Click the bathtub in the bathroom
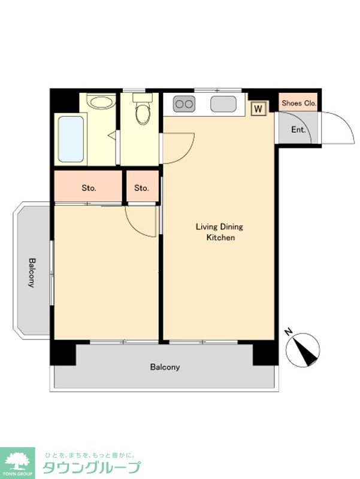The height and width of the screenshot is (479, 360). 71,139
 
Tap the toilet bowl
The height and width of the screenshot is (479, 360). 143,114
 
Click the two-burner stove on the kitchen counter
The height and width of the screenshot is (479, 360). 184,104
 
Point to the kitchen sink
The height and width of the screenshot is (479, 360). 223,104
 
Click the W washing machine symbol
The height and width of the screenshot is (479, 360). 258,108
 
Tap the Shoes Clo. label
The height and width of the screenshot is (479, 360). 299,103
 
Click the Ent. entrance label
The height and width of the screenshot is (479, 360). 298,130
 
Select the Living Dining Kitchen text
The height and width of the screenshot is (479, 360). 220,232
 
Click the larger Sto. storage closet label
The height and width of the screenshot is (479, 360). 89,188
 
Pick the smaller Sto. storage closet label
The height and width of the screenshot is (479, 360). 141,188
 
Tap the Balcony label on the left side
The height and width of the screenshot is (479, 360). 32,272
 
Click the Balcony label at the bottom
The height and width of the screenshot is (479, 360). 165,367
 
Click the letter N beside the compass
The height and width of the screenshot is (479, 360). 288,331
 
